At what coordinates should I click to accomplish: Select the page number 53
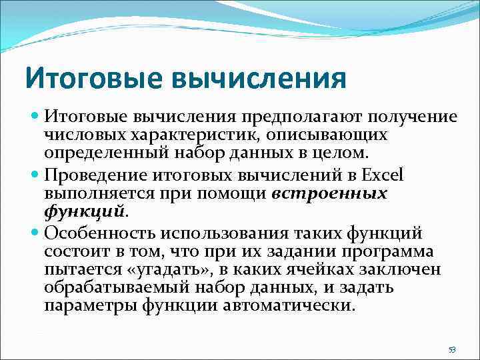tap(452, 349)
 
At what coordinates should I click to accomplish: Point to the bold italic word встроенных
tap(329, 194)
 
